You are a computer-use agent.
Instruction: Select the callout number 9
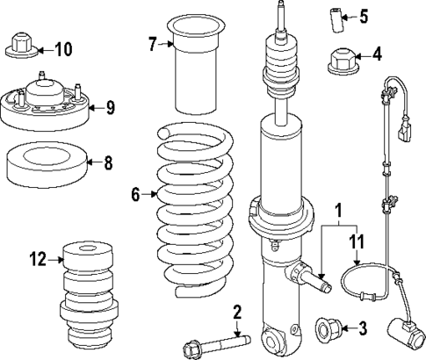point(111,108)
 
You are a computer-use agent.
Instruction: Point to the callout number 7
point(152,44)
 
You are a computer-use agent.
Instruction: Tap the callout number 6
point(135,195)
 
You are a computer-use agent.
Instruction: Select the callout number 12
point(37,259)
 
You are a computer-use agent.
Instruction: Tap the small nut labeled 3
point(328,329)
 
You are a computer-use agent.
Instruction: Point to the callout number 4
point(377,54)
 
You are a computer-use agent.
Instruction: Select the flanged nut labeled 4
point(339,61)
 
